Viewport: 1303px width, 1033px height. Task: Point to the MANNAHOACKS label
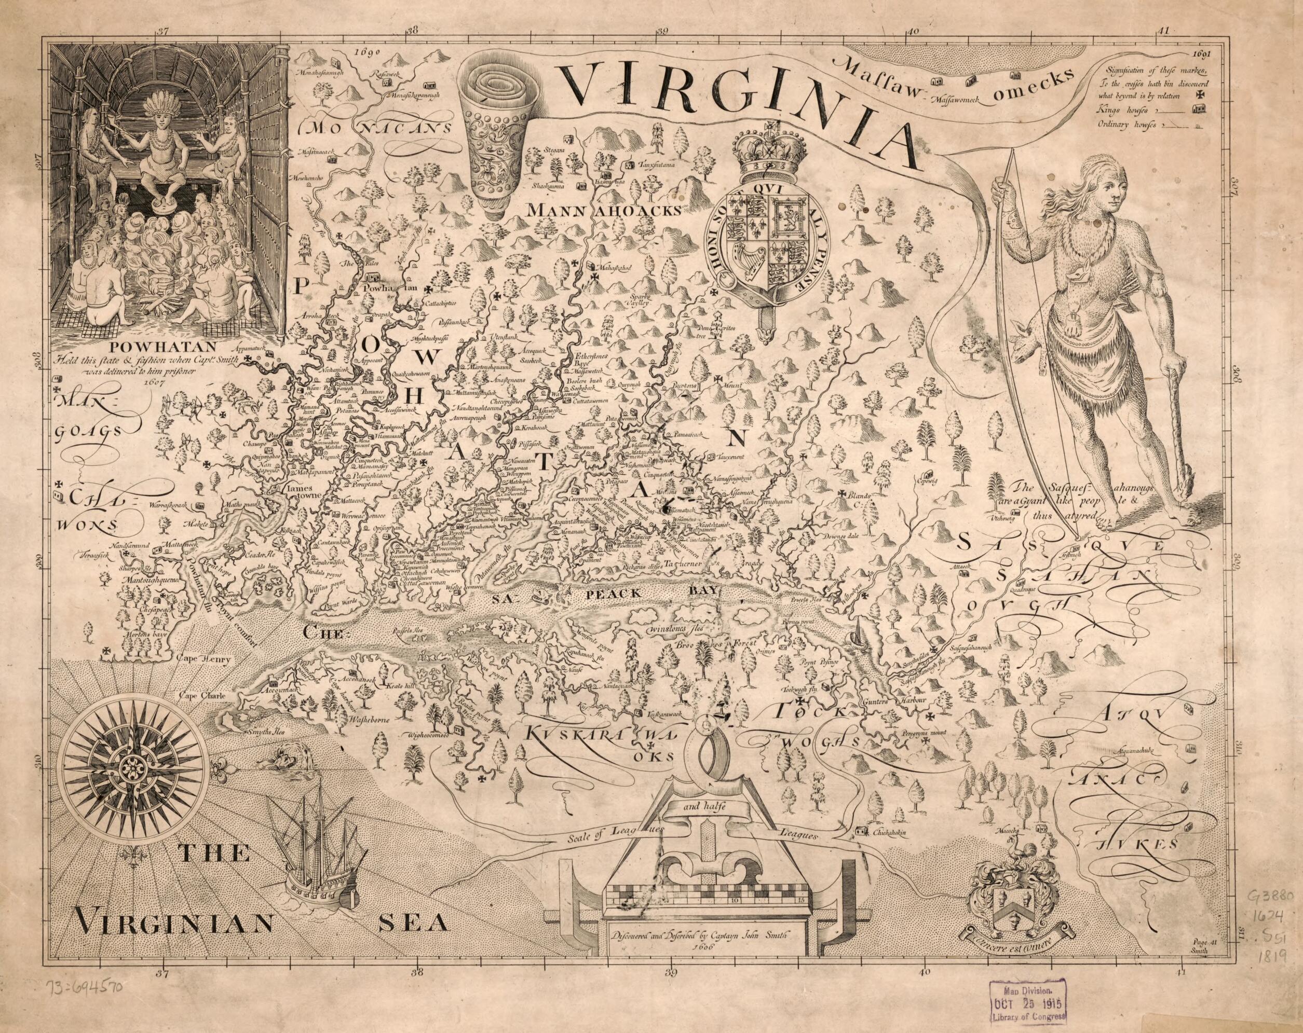click(604, 210)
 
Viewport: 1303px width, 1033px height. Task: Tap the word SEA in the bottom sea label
click(413, 941)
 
